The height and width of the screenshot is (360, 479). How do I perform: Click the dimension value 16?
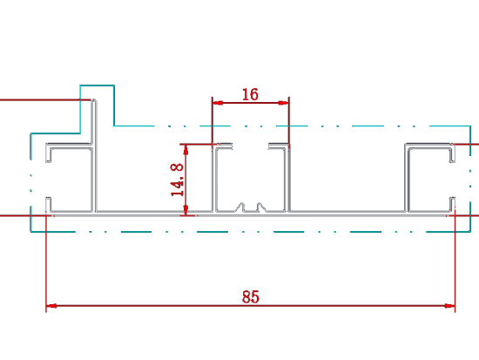pos(250,94)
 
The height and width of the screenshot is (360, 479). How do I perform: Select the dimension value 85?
pos(251,296)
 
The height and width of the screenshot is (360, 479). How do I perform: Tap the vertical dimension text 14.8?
pos(177,180)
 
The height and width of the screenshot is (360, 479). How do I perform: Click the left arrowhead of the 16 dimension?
pos(218,103)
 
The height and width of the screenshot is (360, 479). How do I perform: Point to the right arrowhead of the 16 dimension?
pos(284,103)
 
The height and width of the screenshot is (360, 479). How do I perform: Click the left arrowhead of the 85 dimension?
pos(51,306)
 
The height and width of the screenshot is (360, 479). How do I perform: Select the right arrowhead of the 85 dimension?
pos(449,306)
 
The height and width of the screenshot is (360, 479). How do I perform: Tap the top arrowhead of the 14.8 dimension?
pos(186,149)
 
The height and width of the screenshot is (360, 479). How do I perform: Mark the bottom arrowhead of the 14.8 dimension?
pos(186,210)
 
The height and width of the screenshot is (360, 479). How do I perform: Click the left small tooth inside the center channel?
pos(241,207)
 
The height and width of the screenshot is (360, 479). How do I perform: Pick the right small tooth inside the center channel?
pos(260,207)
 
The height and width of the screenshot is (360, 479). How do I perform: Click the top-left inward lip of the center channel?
pos(223,146)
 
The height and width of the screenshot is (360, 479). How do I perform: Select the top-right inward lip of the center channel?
pos(278,146)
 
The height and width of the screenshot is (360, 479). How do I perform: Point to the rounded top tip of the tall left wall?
pos(94,100)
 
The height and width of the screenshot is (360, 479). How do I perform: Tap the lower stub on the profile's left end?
pos(48,204)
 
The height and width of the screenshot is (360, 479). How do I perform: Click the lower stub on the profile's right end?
pos(452,204)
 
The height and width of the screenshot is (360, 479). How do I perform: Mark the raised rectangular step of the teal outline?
pos(98,85)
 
